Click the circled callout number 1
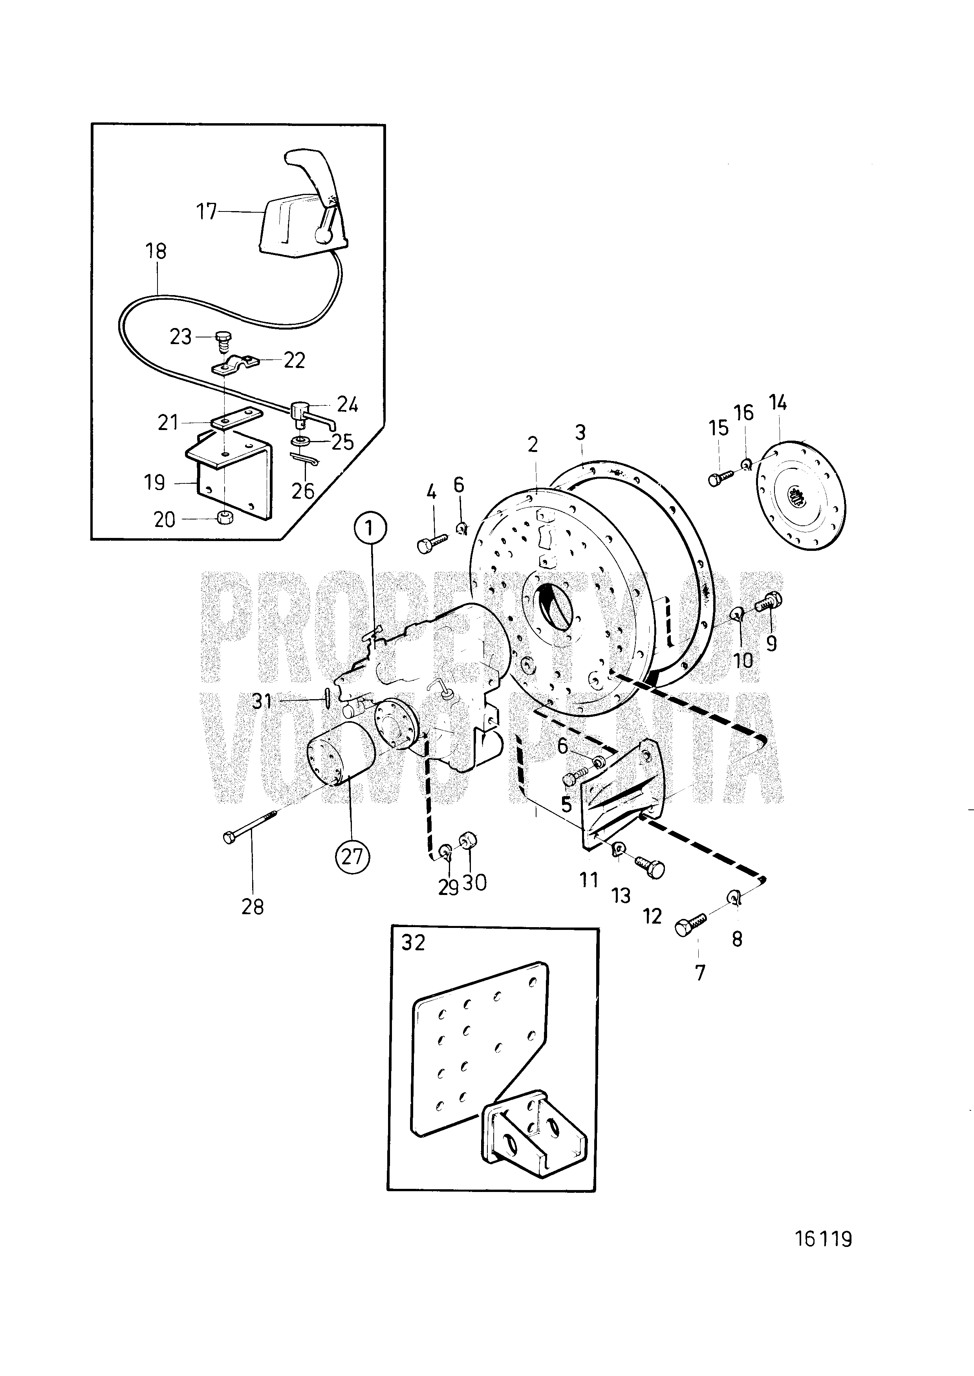(x=370, y=529)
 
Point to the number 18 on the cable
(x=156, y=251)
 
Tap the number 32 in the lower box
(x=413, y=943)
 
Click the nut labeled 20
(x=226, y=517)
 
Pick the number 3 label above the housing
(x=580, y=432)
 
